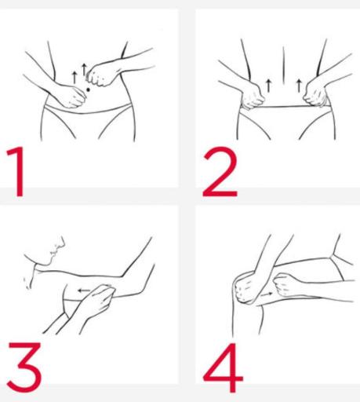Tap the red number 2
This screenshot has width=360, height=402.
coord(220,172)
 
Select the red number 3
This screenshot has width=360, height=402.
coord(24,367)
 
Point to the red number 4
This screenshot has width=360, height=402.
coord(223,367)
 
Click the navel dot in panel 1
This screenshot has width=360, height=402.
coord(88,90)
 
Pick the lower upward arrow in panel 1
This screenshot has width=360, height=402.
coord(75,78)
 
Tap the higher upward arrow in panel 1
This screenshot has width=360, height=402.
coord(84,70)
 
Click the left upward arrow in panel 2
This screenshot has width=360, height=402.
coord(268,86)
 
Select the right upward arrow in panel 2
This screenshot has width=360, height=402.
coord(299,86)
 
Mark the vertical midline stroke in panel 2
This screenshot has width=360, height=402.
coord(283,65)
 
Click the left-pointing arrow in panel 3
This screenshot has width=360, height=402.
coord(84,291)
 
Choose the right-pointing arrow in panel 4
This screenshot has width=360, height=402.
coord(267,294)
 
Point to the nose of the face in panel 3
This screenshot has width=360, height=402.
coord(63,242)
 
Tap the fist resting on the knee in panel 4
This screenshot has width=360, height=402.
coord(246,288)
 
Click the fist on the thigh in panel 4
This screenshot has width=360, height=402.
coord(284,286)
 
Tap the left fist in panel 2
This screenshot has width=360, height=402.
coord(253,97)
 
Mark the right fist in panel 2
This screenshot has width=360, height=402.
coord(315,94)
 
